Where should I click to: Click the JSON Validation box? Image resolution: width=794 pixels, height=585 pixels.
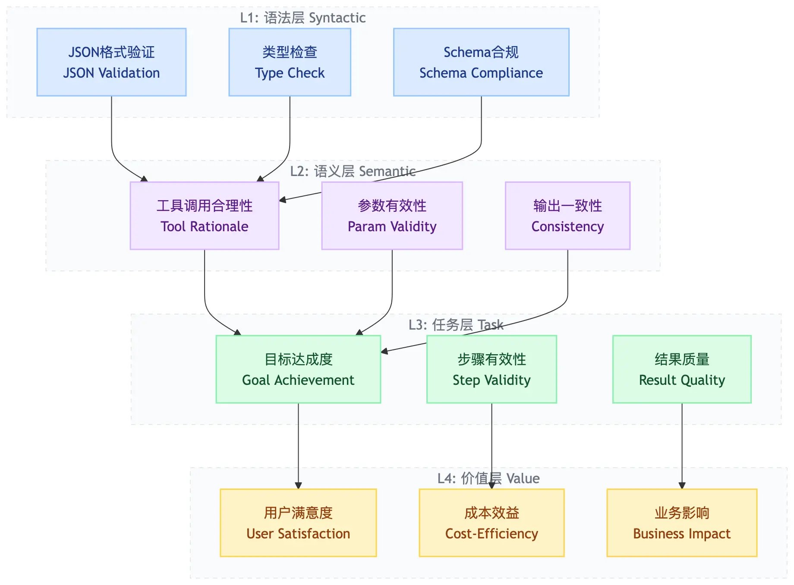[x=111, y=62]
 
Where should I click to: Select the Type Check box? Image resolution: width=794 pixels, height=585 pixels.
[x=290, y=62]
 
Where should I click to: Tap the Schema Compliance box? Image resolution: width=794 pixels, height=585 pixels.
[x=481, y=62]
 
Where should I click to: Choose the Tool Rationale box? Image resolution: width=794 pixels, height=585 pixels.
[x=204, y=216]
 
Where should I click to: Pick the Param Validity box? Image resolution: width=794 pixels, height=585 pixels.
[x=392, y=216]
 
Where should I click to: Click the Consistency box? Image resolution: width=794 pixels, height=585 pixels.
[x=567, y=216]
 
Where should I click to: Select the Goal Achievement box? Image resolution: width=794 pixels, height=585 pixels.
[x=298, y=369]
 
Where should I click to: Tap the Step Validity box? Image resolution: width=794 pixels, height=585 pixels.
[x=492, y=369]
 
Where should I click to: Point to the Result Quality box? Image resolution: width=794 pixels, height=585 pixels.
[x=682, y=369]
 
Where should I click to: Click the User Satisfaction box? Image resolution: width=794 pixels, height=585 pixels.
[x=298, y=523]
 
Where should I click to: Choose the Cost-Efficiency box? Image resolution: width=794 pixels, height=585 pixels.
[x=492, y=523]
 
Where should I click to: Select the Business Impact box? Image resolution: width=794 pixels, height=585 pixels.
[x=682, y=523]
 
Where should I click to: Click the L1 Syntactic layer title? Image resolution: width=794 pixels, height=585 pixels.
[x=302, y=18]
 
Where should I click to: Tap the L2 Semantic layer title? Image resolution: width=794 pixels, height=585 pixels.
[x=353, y=171]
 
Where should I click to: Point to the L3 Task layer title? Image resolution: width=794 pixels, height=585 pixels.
[x=456, y=325]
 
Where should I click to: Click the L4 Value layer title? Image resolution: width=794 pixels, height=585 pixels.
[x=488, y=478]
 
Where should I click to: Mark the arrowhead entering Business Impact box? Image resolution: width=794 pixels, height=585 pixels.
[x=682, y=486]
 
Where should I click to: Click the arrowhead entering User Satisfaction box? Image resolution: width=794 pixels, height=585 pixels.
[x=298, y=486]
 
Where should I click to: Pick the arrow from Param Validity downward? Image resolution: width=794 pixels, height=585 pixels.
[x=392, y=285]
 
